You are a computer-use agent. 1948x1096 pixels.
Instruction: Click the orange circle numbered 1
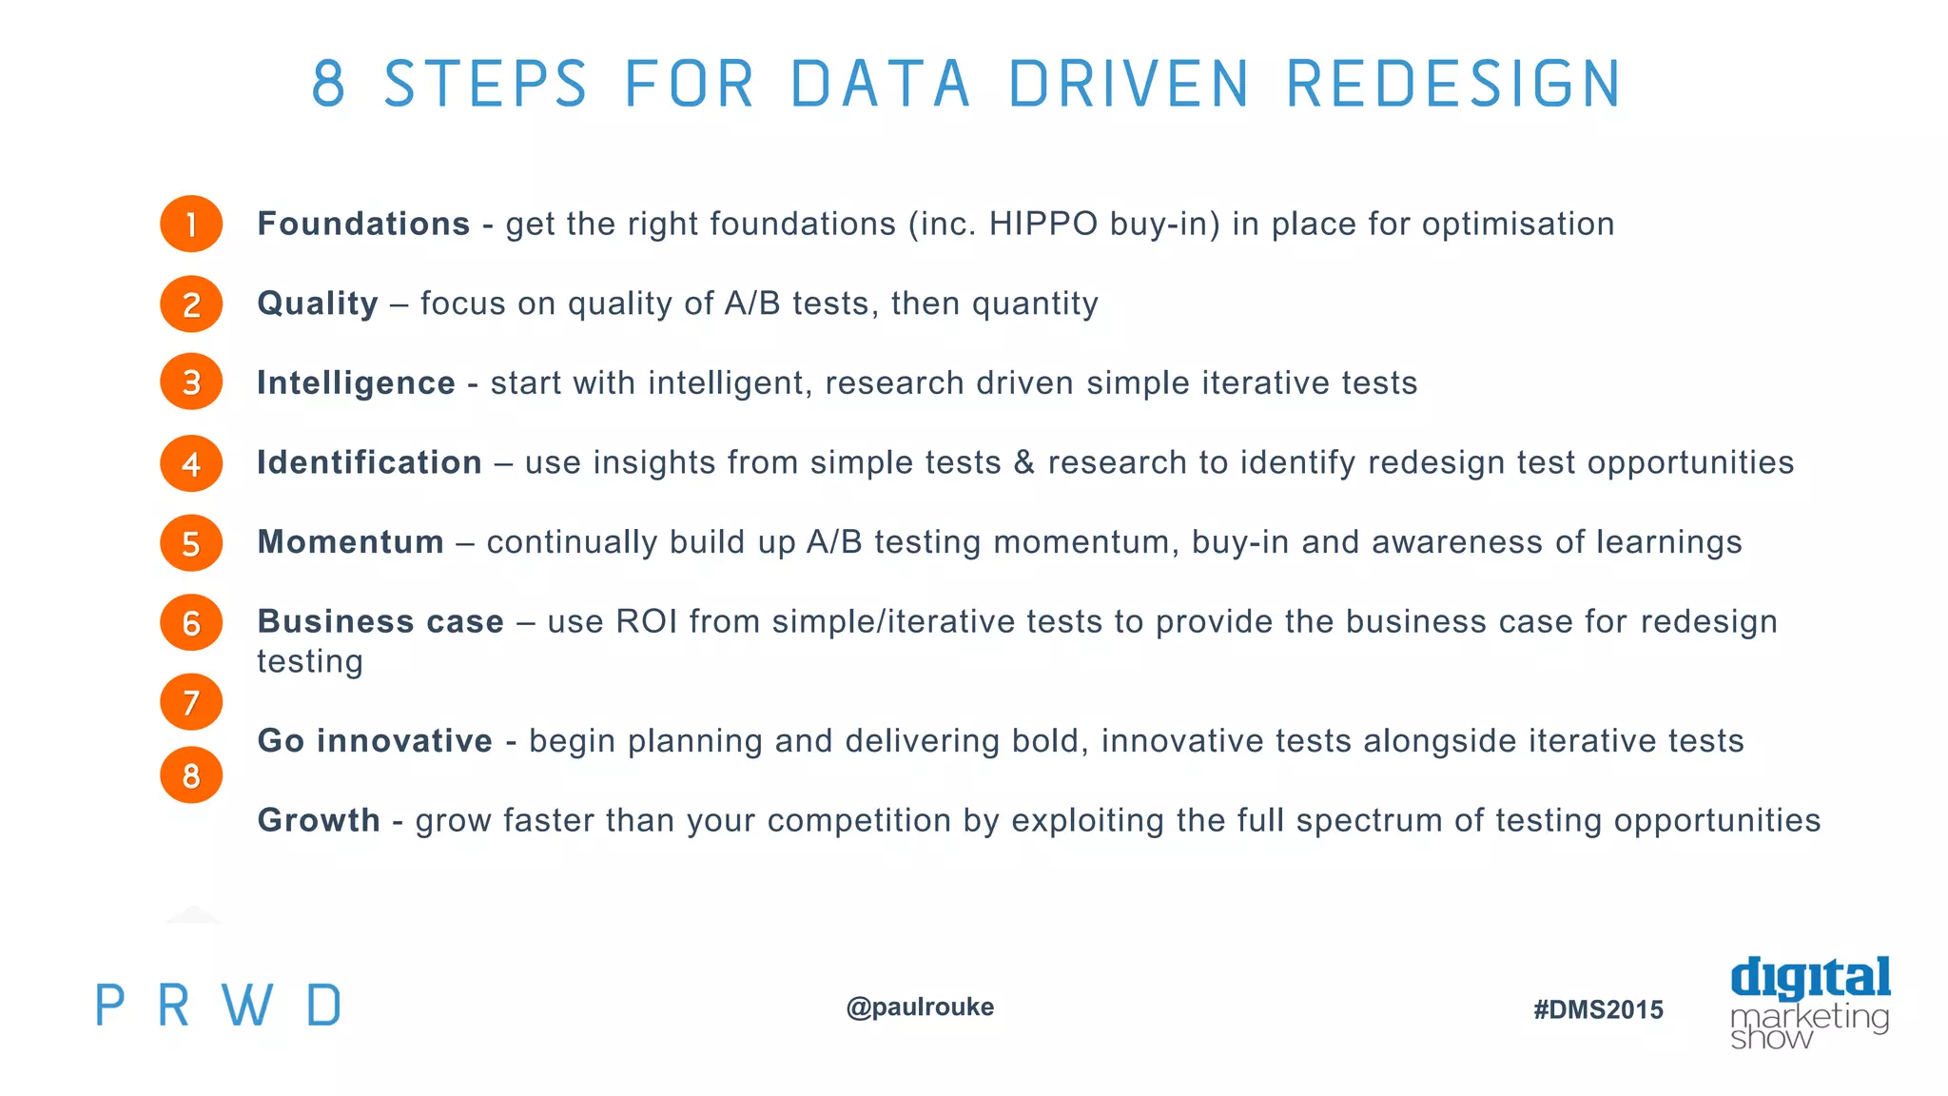191,225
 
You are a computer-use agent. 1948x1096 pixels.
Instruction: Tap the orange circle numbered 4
191,463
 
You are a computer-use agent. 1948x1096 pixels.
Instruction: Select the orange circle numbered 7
191,702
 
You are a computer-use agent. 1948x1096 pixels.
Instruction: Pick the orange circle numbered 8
191,775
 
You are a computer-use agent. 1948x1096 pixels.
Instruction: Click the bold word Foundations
363,225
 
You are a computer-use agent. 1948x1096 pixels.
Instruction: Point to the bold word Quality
318,304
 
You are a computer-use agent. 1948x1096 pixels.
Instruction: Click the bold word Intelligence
356,383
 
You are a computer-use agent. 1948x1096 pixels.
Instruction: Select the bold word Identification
369,463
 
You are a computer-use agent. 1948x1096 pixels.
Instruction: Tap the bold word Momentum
350,542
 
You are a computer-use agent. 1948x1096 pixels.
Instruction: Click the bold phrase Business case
380,622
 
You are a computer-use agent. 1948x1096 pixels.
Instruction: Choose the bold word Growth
319,820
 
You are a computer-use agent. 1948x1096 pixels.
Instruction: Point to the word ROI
647,622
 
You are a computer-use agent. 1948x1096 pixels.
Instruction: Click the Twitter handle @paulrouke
920,1007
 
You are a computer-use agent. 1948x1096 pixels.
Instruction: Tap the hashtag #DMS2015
1598,1009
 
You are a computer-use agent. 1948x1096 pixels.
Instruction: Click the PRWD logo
218,1006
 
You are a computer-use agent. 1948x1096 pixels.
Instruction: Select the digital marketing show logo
1809,1003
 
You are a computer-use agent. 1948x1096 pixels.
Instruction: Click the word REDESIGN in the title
1453,84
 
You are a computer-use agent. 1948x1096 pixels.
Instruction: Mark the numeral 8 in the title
328,84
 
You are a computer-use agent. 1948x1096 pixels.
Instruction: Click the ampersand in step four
1024,463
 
